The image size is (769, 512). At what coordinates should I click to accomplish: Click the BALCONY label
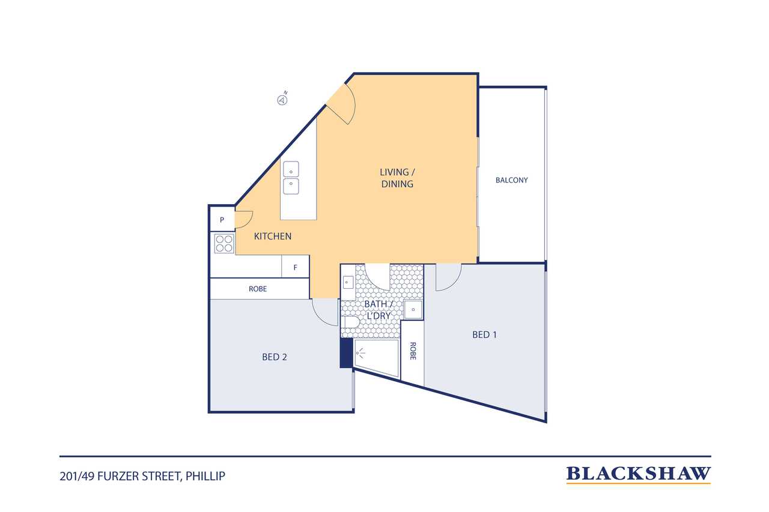tap(511, 180)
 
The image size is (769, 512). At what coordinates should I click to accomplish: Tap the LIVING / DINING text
tap(397, 178)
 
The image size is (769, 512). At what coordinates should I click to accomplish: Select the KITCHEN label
tap(273, 236)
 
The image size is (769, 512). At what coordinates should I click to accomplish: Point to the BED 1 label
tap(484, 335)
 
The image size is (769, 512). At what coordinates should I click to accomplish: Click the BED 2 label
tap(275, 357)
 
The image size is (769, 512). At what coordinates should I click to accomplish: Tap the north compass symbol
tap(282, 98)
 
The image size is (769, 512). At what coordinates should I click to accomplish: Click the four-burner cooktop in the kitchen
tap(224, 244)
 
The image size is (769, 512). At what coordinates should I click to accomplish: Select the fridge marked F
tap(295, 267)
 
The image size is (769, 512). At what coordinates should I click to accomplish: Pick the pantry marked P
tap(222, 219)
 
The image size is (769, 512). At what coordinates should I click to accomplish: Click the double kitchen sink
tap(291, 178)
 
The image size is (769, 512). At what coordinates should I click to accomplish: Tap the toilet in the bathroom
tap(350, 322)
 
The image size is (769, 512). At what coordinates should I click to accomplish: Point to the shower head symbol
tap(359, 352)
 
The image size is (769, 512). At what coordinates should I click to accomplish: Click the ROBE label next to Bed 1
tap(413, 351)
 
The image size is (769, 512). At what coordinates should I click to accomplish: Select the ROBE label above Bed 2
tap(258, 289)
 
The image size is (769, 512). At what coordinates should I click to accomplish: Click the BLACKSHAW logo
tap(638, 475)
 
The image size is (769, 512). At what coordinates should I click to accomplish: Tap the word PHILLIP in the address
tap(205, 477)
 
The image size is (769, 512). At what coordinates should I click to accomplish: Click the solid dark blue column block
tap(346, 353)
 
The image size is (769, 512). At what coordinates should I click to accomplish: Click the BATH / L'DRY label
tap(378, 310)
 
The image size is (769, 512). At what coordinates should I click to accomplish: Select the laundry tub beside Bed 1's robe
tap(413, 310)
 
